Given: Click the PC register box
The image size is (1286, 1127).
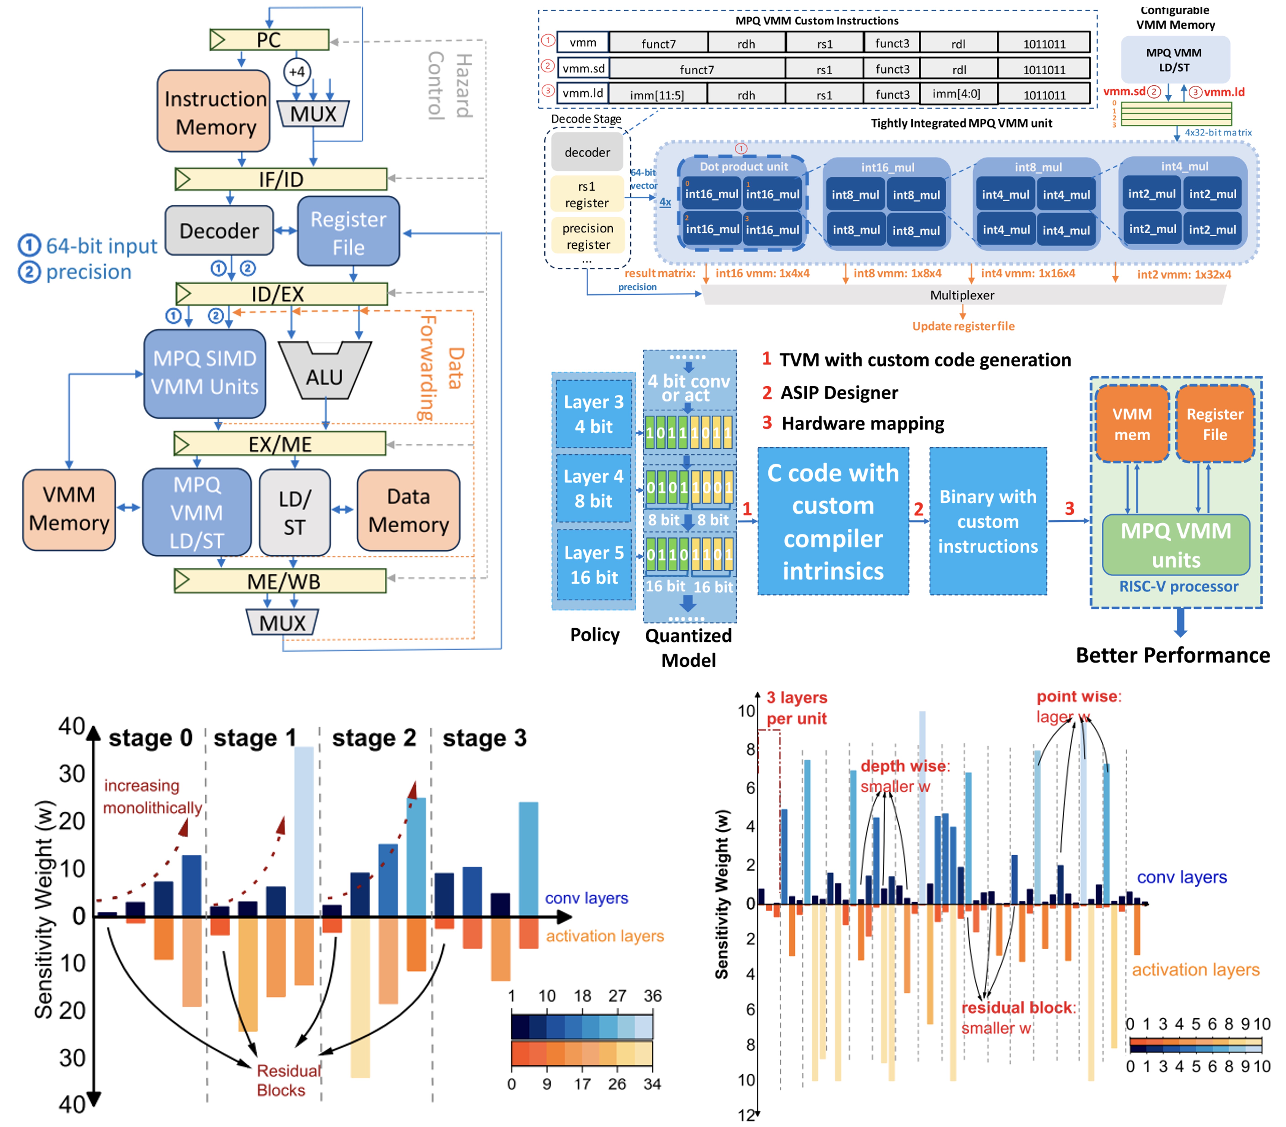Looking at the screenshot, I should [269, 40].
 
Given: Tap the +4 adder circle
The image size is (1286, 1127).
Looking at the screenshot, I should [297, 72].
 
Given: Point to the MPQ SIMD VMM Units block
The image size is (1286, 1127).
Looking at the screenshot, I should [205, 373].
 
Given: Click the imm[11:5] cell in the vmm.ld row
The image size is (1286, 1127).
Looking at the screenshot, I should [657, 95].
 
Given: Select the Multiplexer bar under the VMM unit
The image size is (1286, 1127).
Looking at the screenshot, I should [962, 295].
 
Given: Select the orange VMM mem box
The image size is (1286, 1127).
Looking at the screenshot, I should [1132, 424].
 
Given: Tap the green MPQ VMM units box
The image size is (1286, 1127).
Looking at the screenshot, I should [1176, 545].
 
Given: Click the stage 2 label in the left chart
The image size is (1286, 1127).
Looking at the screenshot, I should [374, 738].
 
